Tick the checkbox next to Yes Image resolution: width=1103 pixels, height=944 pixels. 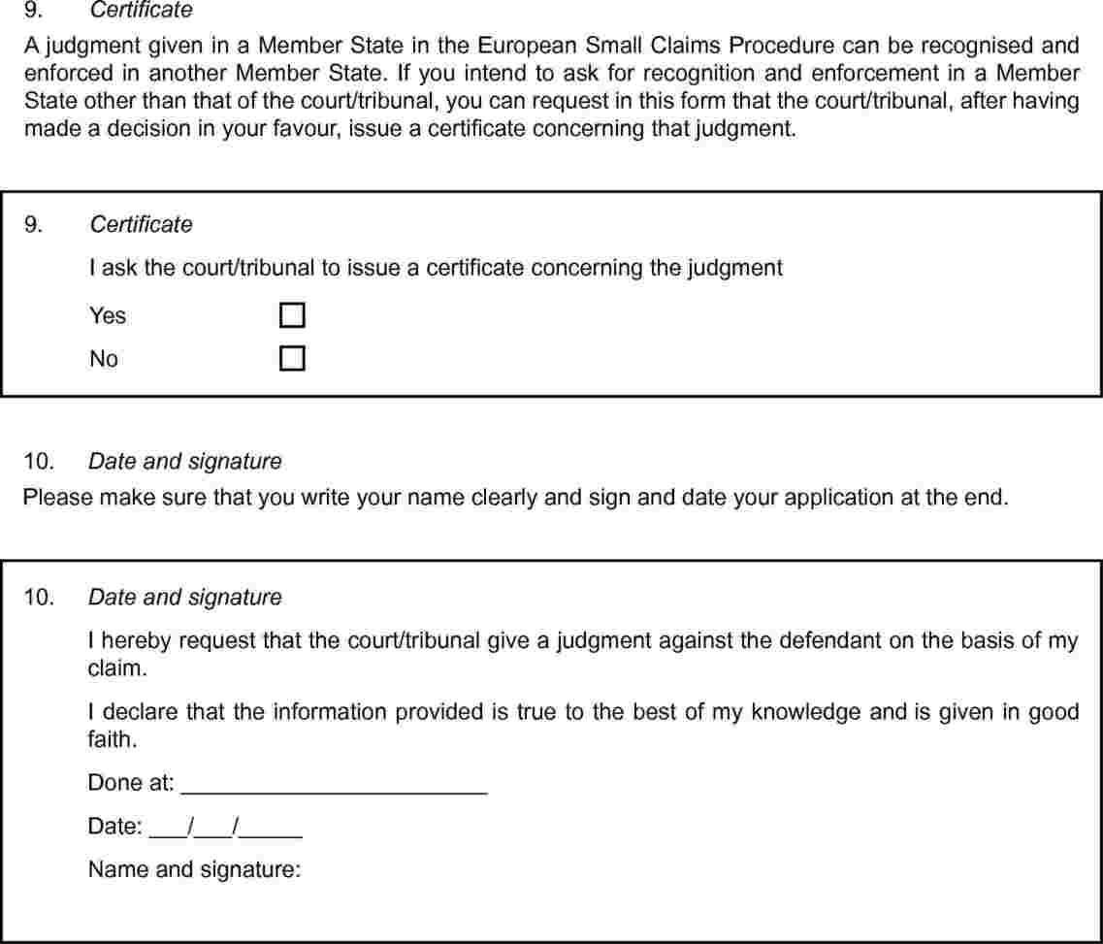(x=292, y=315)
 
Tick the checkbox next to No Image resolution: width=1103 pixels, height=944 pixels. (x=292, y=359)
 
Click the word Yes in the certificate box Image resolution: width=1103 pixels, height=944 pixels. (x=108, y=316)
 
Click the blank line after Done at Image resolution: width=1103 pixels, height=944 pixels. (x=334, y=786)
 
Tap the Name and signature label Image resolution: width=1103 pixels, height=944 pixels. (x=195, y=869)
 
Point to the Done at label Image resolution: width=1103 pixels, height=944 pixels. (x=131, y=783)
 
